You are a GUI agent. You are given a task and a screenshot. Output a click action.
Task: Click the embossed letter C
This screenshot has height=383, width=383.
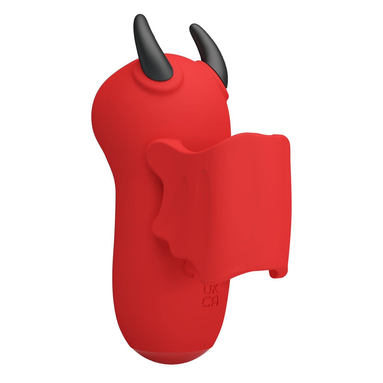click(207, 302)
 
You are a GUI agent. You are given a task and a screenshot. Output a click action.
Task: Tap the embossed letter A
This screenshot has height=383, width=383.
click(214, 302)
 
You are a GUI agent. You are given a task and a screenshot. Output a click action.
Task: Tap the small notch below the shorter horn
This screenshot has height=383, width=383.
click(228, 96)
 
